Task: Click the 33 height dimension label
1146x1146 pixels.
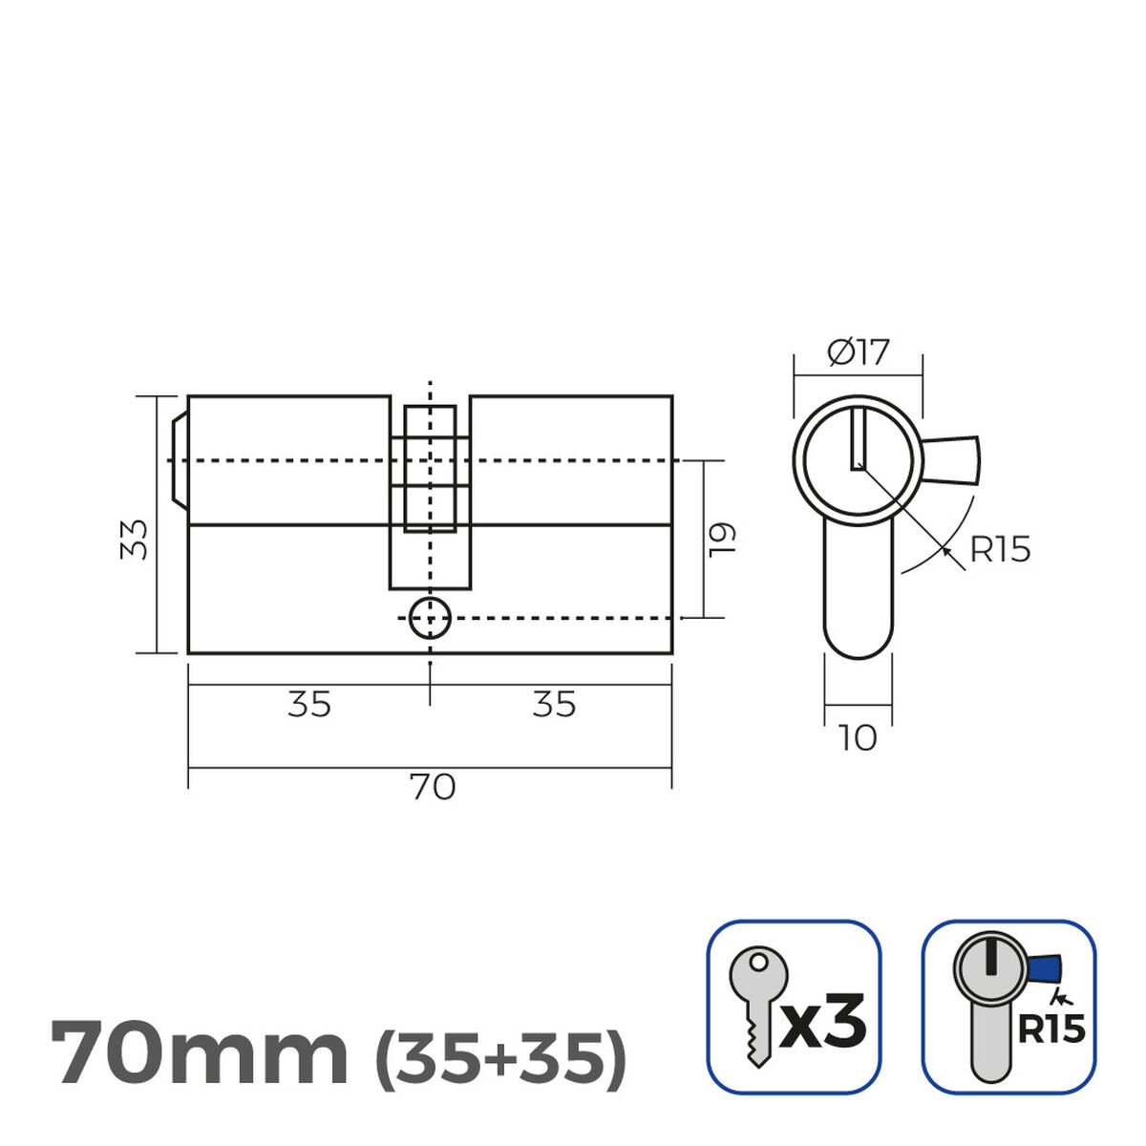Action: [x=138, y=540]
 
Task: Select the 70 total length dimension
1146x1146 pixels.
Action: [x=432, y=788]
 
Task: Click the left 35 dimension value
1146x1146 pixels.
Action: [x=309, y=705]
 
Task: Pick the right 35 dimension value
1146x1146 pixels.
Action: [x=554, y=705]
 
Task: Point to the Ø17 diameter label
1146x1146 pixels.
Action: [x=858, y=353]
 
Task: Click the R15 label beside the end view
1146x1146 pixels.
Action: [x=1000, y=550]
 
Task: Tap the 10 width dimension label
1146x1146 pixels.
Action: [x=858, y=738]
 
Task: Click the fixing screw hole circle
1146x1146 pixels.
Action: [x=430, y=619]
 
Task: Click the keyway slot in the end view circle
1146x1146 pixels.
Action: [x=858, y=439]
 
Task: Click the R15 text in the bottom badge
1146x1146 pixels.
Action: [x=1050, y=1029]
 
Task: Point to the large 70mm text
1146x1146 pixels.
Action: [x=199, y=1052]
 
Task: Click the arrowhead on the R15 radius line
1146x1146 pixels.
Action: [x=946, y=550]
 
